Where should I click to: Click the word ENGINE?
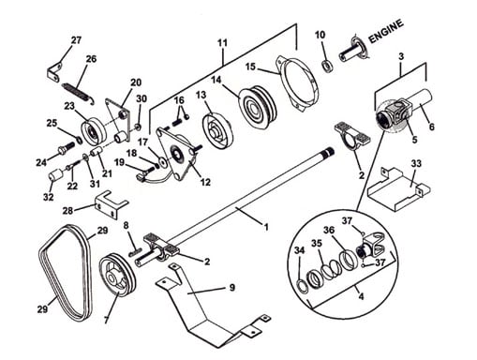tap(386, 32)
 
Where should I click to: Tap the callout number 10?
tap(320, 35)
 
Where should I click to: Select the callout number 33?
tap(416, 163)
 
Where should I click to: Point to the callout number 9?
tap(231, 287)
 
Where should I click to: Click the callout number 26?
tap(91, 59)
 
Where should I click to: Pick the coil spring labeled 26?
tap(78, 94)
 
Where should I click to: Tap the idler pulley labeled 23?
tap(94, 131)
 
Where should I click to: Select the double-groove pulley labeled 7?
tap(117, 274)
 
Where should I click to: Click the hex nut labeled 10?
tap(328, 67)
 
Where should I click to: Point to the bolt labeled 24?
tap(66, 147)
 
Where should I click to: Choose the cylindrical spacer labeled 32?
tap(56, 175)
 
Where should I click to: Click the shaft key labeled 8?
tap(135, 251)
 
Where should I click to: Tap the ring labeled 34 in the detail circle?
tap(303, 287)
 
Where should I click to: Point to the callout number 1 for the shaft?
tap(266, 227)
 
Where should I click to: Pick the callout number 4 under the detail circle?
tap(361, 296)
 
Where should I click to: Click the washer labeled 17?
tap(162, 161)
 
